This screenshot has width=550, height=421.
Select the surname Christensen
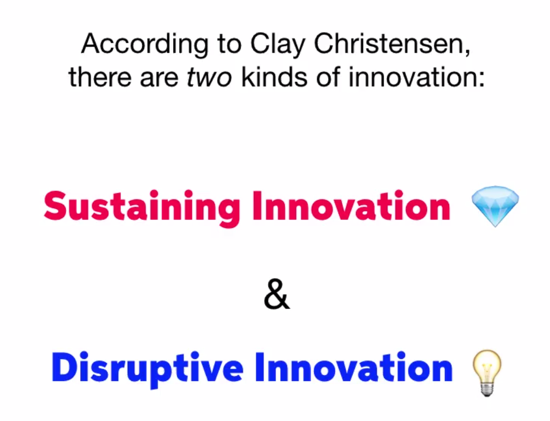pyautogui.click(x=391, y=44)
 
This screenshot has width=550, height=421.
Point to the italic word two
pyautogui.click(x=209, y=78)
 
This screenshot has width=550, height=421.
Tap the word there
pyautogui.click(x=100, y=77)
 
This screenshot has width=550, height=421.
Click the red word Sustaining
pyautogui.click(x=142, y=208)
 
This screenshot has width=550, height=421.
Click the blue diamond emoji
pyautogui.click(x=495, y=206)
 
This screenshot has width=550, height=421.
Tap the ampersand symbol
pyautogui.click(x=277, y=294)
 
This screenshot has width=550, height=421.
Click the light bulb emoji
pyautogui.click(x=487, y=373)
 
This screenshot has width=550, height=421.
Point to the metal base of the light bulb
pyautogui.click(x=487, y=389)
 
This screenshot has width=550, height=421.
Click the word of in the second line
pyautogui.click(x=328, y=77)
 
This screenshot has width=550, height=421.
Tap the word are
pyautogui.click(x=159, y=79)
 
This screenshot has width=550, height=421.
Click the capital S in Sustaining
pyautogui.click(x=55, y=206)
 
